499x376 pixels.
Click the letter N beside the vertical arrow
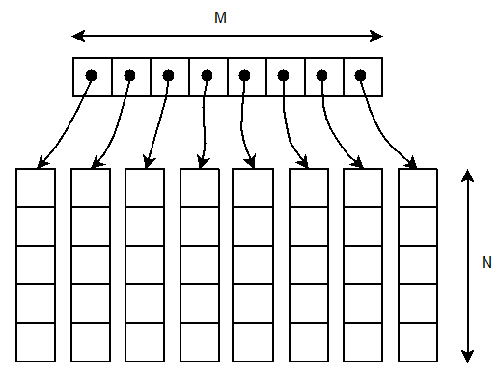[x=486, y=261]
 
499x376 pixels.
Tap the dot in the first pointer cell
[x=91, y=75]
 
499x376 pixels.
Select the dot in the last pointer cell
[x=360, y=75]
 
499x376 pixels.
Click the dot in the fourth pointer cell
[x=207, y=75]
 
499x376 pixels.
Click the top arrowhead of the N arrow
[x=468, y=176]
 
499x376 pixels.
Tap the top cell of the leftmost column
[x=37, y=188]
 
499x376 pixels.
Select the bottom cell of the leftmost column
[x=37, y=342]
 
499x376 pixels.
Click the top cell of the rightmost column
[x=418, y=188]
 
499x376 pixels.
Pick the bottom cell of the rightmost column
[x=418, y=342]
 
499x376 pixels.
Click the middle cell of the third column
[x=145, y=265]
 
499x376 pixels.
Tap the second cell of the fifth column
[x=253, y=227]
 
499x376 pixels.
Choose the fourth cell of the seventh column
[x=363, y=304]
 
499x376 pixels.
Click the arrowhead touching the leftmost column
[x=41, y=163]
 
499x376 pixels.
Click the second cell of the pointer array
[x=131, y=76]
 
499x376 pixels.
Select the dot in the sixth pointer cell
[x=284, y=75]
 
